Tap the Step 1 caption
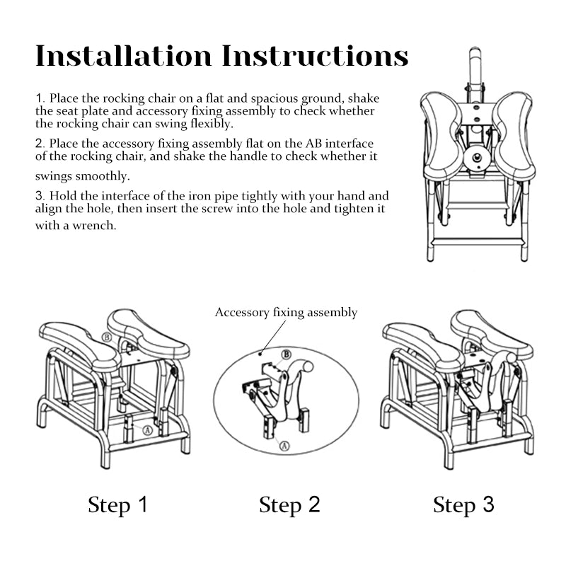(x=118, y=505)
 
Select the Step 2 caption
(x=289, y=505)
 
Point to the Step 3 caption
(x=463, y=505)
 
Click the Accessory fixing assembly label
(x=286, y=313)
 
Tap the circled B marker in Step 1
(x=107, y=338)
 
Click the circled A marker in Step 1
(x=147, y=429)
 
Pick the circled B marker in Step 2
(x=287, y=354)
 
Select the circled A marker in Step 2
(x=283, y=446)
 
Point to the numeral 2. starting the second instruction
(x=40, y=144)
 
